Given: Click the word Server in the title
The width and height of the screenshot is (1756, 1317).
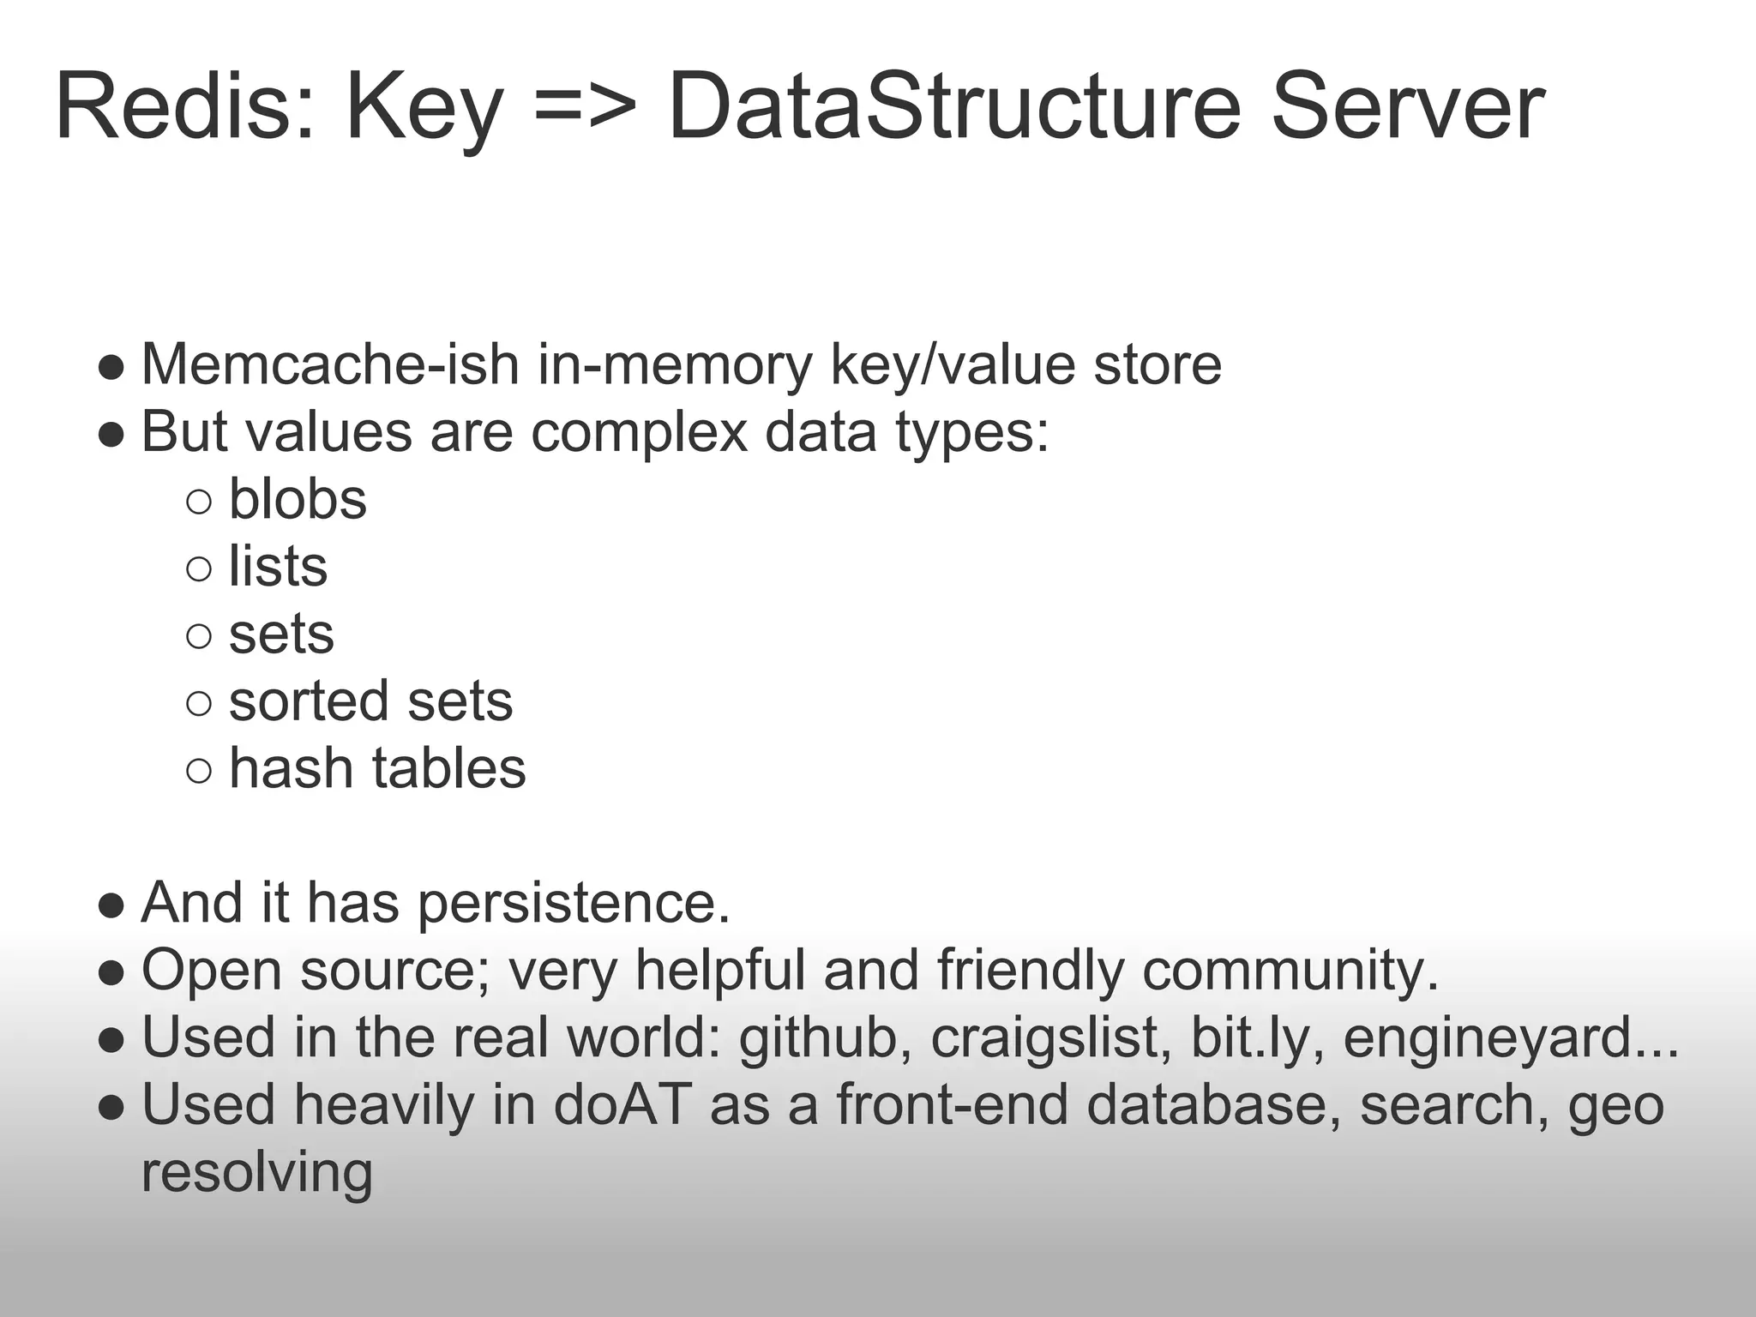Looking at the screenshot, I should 1408,107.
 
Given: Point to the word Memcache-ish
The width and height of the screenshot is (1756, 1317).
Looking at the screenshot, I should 330,364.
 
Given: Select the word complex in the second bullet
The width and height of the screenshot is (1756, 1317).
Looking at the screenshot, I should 639,432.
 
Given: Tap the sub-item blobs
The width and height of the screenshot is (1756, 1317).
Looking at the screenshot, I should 298,499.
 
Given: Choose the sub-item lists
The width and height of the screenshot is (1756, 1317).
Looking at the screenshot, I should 278,566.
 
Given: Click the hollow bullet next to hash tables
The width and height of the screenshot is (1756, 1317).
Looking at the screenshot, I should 198,770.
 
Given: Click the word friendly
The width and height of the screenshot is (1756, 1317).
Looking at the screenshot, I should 1030,971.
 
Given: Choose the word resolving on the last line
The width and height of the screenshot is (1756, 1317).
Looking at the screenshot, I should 257,1173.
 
